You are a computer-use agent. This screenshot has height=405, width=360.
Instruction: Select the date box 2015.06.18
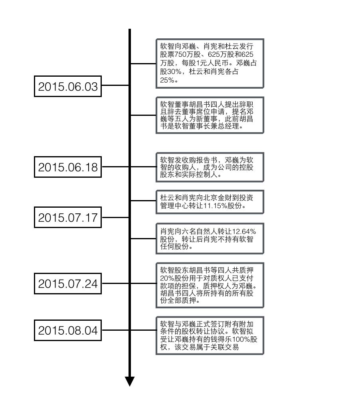[x=67, y=168]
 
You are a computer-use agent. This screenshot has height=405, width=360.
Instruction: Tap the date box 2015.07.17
[x=67, y=218]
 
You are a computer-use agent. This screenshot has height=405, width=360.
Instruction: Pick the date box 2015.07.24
[x=67, y=284]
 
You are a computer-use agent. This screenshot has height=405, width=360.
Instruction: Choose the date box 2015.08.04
[x=67, y=331]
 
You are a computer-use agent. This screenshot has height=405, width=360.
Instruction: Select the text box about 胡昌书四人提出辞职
[x=209, y=115]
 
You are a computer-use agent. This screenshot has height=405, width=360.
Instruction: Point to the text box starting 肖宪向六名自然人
[x=209, y=238]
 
